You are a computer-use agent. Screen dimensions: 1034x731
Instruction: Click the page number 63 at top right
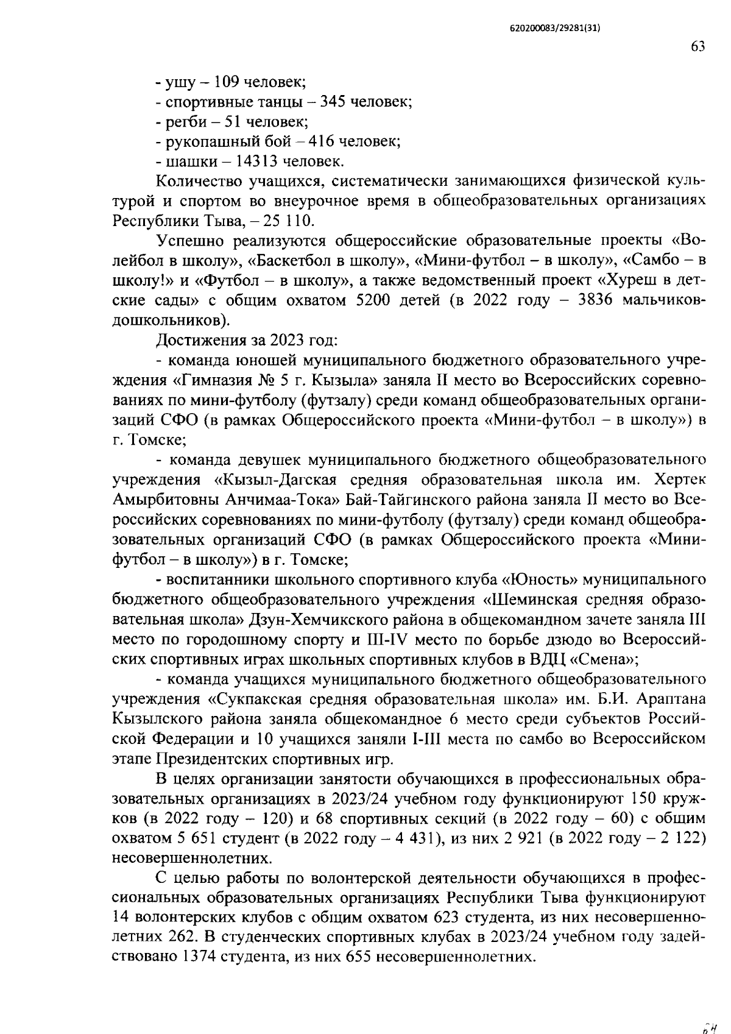(x=698, y=46)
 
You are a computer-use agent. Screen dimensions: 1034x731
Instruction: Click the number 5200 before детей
(x=364, y=300)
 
